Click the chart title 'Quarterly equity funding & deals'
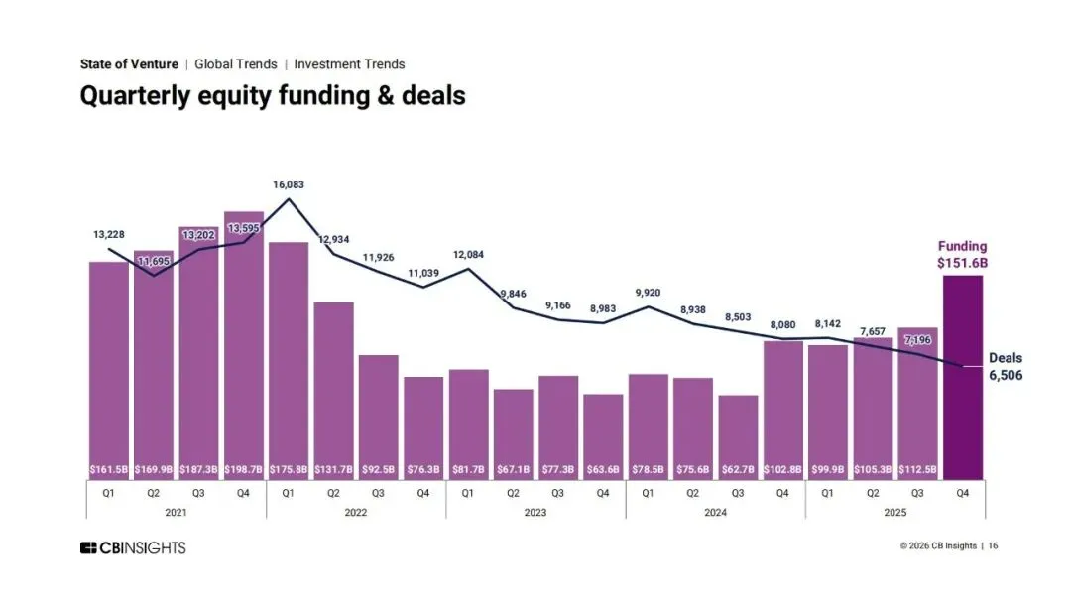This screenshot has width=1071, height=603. tap(273, 95)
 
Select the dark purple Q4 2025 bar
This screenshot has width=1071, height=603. tap(963, 377)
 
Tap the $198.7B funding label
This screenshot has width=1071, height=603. tap(244, 468)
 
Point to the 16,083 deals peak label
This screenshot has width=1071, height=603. tap(289, 184)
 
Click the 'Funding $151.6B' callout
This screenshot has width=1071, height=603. tap(963, 255)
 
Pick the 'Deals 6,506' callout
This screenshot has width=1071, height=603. tap(1006, 367)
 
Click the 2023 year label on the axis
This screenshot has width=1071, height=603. tap(535, 512)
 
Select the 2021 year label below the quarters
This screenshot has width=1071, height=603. tap(176, 512)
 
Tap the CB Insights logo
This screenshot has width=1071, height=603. tap(133, 547)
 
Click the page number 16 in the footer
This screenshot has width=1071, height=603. tap(993, 546)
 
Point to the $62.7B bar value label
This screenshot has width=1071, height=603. tap(738, 468)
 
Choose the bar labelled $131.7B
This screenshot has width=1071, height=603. tap(333, 387)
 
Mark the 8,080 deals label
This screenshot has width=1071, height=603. tap(782, 323)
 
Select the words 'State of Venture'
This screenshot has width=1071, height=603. tap(129, 64)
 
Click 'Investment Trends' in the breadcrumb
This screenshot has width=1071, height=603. tap(349, 64)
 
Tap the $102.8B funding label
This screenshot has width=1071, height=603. tap(783, 468)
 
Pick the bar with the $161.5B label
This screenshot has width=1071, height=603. tap(109, 367)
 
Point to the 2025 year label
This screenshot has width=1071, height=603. tap(894, 512)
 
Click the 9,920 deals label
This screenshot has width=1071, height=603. tap(648, 292)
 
